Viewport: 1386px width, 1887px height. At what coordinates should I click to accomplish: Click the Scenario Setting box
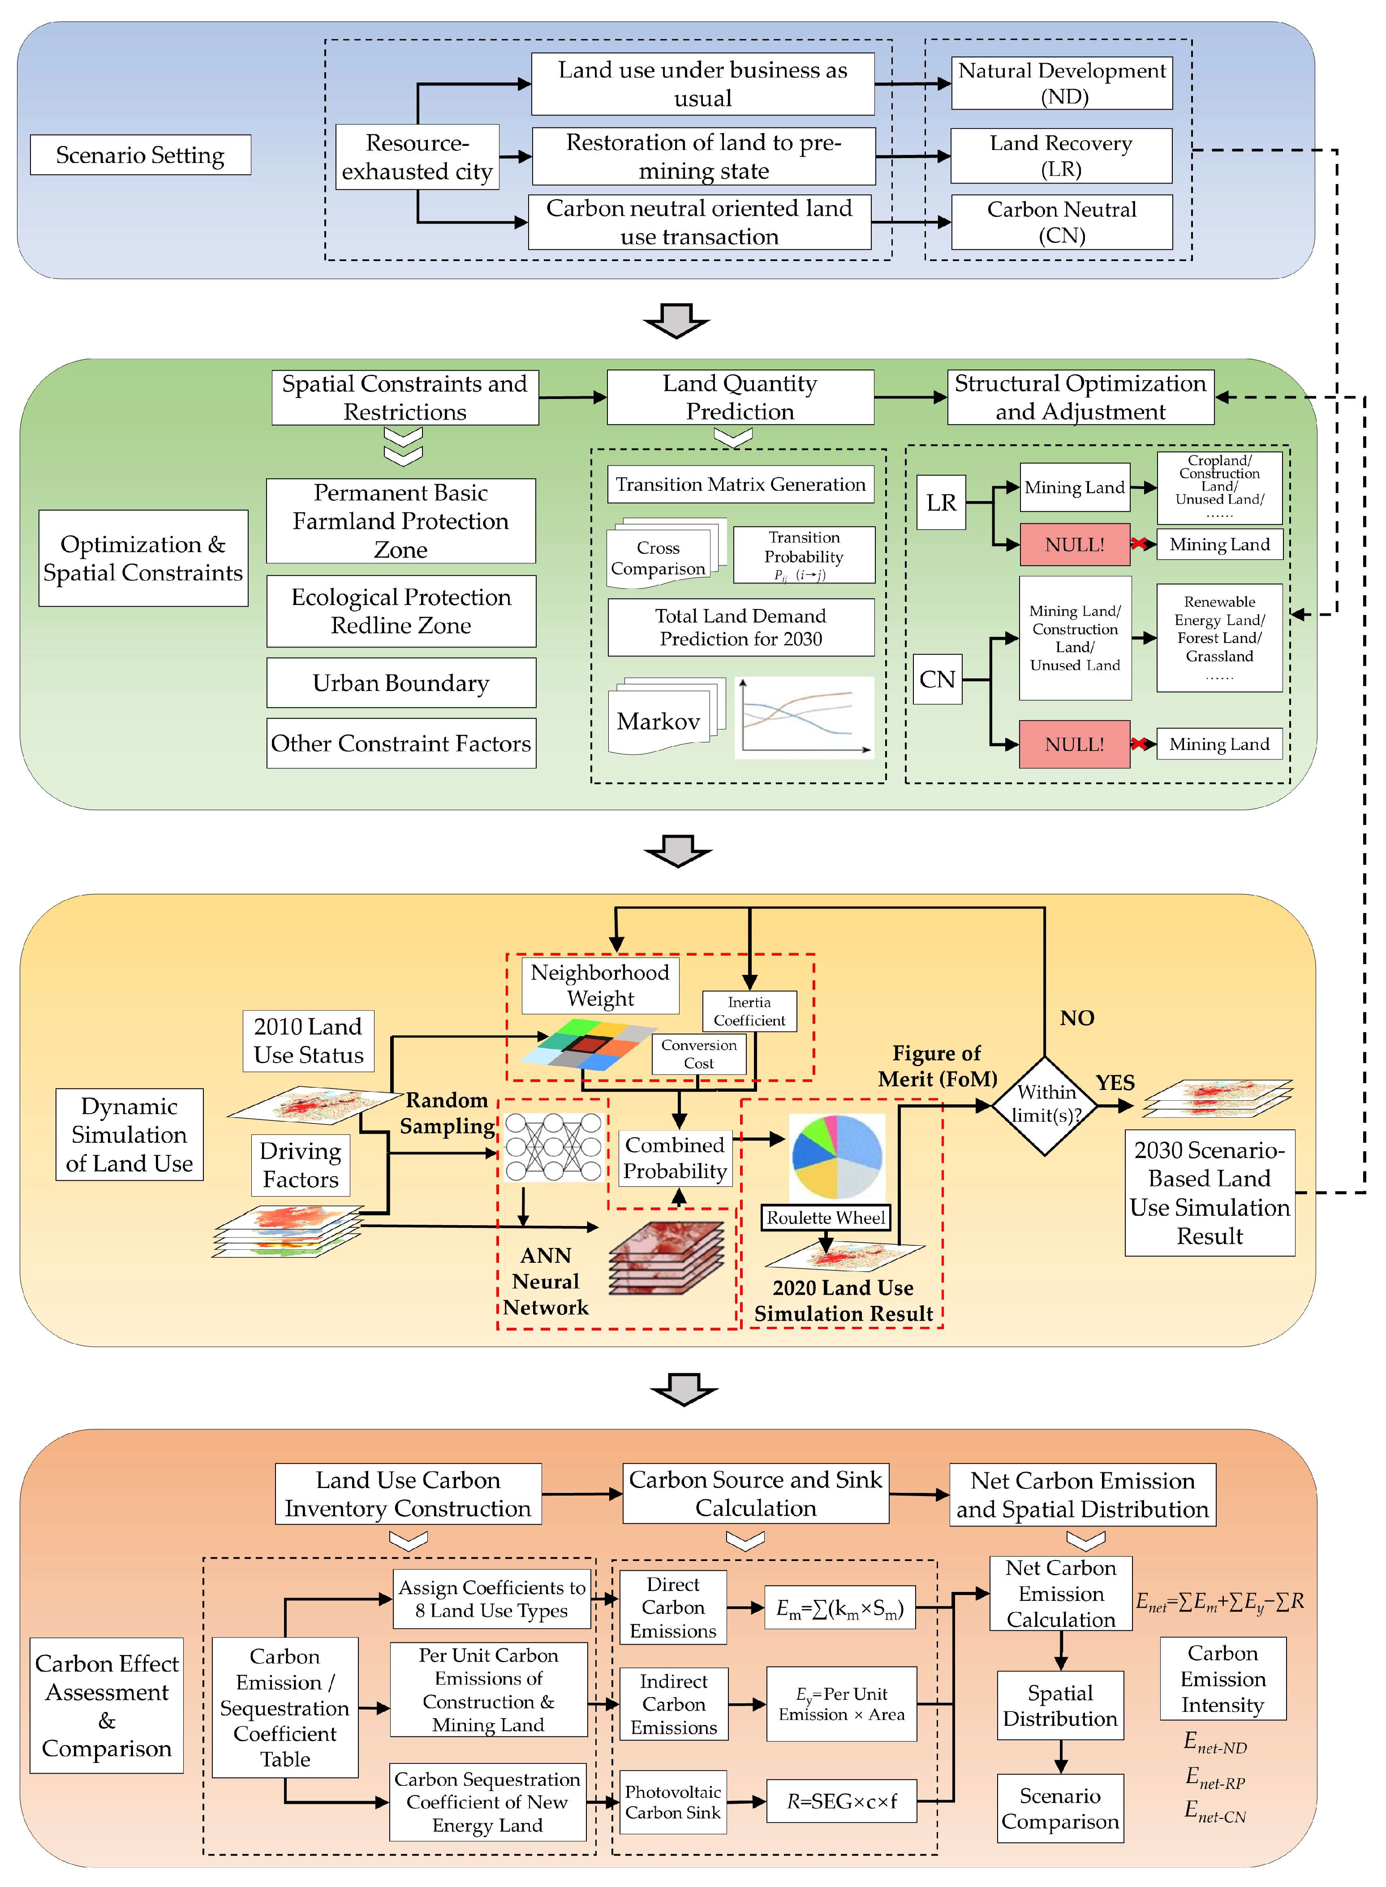point(140,155)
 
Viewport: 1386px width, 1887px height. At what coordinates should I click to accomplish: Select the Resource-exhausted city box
point(417,157)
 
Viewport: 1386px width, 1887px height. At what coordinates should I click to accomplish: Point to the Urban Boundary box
point(401,683)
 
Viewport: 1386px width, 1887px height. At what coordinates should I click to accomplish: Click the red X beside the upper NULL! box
point(1139,545)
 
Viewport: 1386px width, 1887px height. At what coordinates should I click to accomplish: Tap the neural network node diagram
point(553,1147)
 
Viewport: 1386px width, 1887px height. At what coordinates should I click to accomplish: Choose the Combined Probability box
point(676,1158)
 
